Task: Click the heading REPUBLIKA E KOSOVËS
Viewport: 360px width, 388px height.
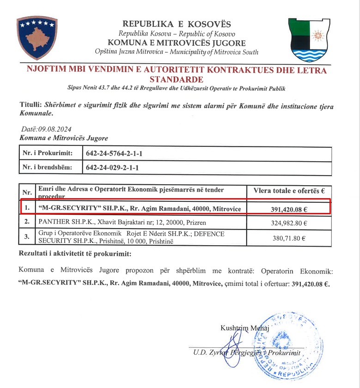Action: pyautogui.click(x=177, y=24)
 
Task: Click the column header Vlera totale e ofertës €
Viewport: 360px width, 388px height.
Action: pyautogui.click(x=289, y=190)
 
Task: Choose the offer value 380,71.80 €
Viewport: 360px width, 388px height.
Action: pyautogui.click(x=289, y=238)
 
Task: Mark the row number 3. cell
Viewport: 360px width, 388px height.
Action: pyautogui.click(x=27, y=238)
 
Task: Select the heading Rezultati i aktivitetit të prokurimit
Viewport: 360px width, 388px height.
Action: pyautogui.click(x=74, y=254)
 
